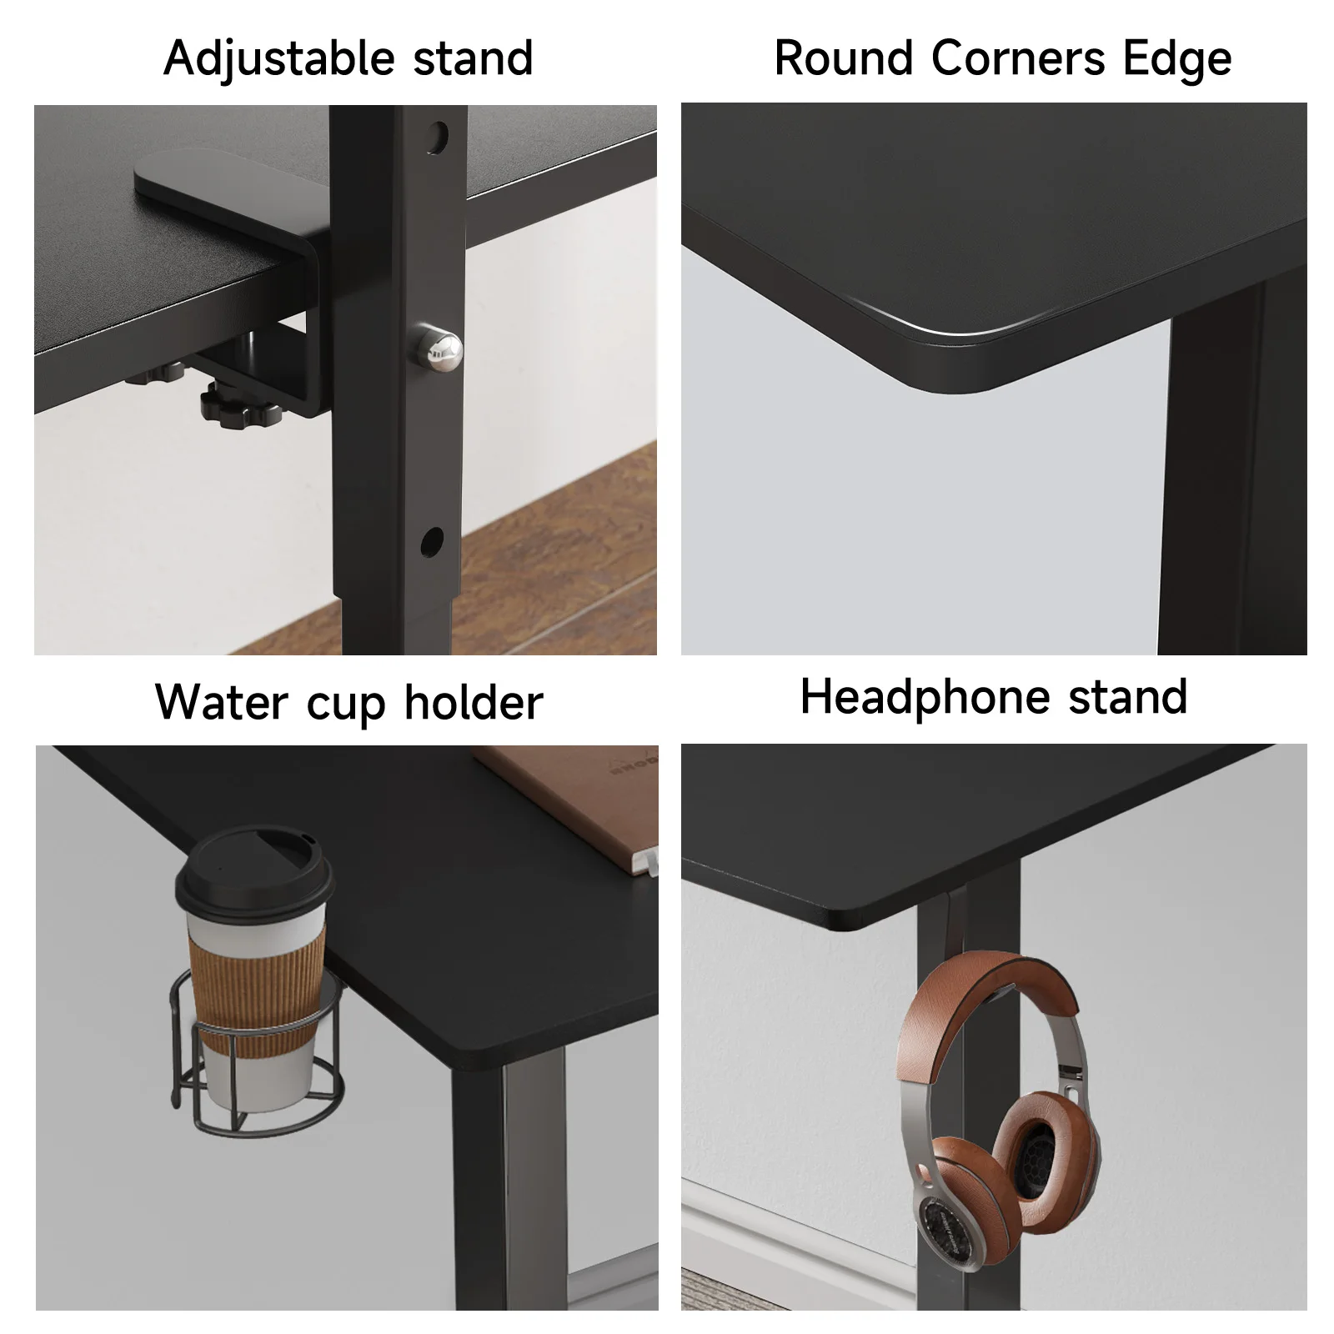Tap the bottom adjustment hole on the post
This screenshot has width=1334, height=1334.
(432, 543)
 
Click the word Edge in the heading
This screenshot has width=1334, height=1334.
(1176, 58)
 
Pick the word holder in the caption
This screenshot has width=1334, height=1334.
(474, 702)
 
